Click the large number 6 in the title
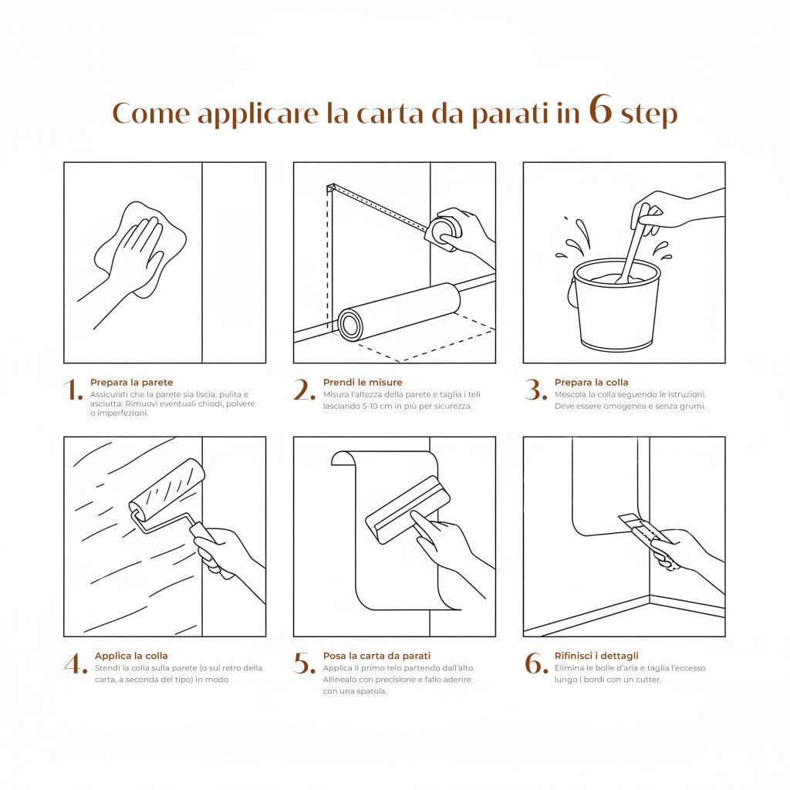point(600,109)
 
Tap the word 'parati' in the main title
point(510,115)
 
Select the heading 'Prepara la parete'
point(131,383)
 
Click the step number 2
point(304,390)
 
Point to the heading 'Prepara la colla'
point(592,383)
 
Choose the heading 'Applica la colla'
point(131,656)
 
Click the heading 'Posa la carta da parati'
point(376,656)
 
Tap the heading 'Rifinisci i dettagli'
point(596,656)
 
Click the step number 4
point(76,663)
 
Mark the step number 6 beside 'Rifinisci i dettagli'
point(536,663)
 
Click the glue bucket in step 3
point(615,305)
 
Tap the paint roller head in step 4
point(167,489)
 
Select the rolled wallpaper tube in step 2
point(399,312)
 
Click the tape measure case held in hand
point(444,232)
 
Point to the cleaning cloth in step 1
point(140,249)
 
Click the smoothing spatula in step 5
point(407,509)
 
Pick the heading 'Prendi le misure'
point(363,383)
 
